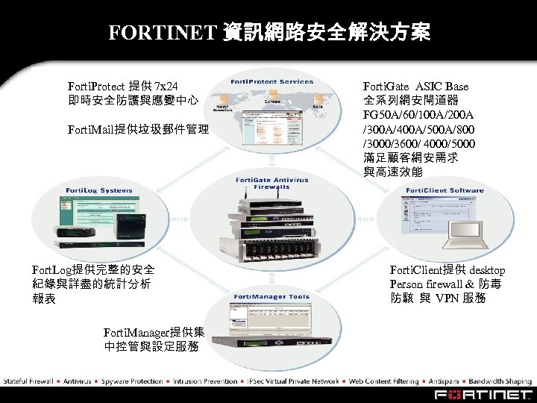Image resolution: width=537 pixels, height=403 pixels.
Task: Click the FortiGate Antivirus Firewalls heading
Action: (x=262, y=184)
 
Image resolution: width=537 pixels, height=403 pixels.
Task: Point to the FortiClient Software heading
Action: (x=445, y=190)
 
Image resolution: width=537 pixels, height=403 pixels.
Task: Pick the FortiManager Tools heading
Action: (x=271, y=297)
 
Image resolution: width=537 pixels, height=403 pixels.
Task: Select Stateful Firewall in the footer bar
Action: (x=28, y=381)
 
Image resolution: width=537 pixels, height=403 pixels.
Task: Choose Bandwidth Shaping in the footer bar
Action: (x=506, y=381)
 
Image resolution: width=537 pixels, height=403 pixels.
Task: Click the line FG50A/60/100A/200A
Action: (x=418, y=115)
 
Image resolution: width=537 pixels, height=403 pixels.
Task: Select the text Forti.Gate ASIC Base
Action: (x=415, y=87)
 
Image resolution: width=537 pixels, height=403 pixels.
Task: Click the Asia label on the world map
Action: (x=317, y=107)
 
